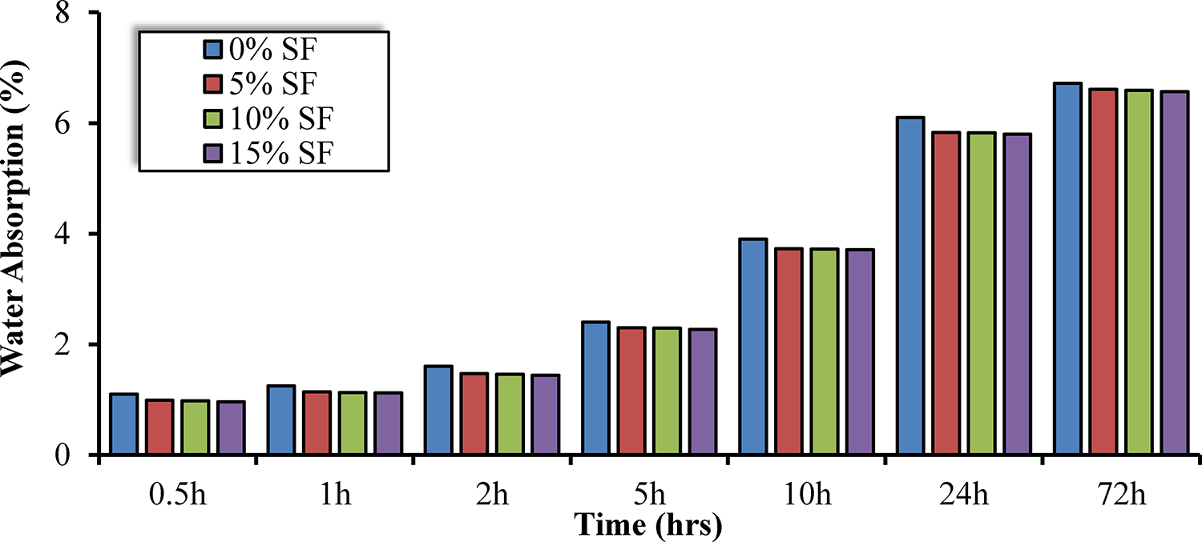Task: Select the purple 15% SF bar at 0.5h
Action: click(x=231, y=428)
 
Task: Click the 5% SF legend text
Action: click(x=278, y=84)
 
